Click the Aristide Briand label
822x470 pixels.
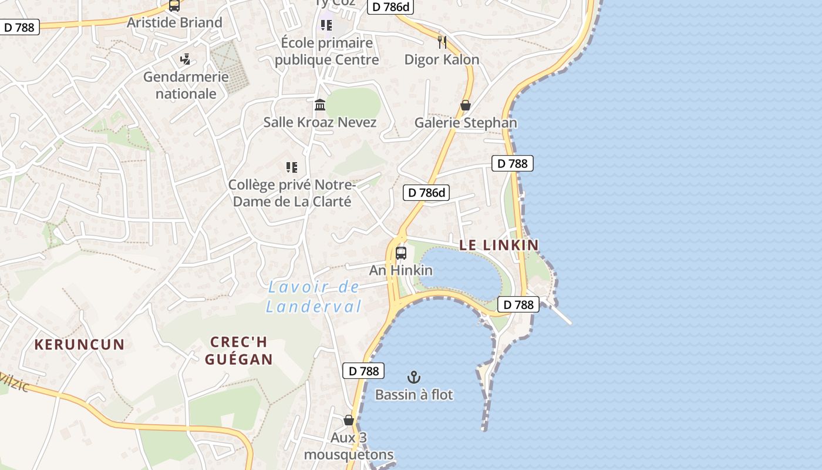(x=175, y=23)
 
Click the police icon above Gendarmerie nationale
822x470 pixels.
(x=186, y=59)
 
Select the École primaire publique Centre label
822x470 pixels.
(x=326, y=51)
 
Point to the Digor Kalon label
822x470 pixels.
(x=442, y=59)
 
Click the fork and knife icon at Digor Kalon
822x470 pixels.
(x=442, y=42)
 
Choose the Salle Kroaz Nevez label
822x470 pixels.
(x=320, y=122)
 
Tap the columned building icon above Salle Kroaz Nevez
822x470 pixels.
(x=320, y=105)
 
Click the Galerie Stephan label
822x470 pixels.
(x=466, y=122)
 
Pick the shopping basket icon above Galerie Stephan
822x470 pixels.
(x=466, y=105)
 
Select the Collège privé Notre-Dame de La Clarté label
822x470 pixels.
(x=292, y=193)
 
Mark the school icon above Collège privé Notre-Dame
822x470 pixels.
(x=292, y=167)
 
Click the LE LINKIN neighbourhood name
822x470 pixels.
(x=499, y=245)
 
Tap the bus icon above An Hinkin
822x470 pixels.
(x=401, y=253)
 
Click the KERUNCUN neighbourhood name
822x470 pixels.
(x=79, y=344)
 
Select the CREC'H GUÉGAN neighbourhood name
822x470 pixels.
(x=239, y=351)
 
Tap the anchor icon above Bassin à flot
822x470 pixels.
(x=414, y=377)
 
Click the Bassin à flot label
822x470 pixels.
(x=414, y=395)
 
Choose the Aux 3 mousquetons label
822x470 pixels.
(x=349, y=446)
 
